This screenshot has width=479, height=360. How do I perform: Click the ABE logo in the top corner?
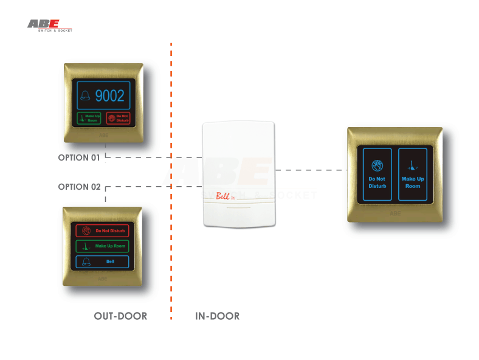click(x=49, y=25)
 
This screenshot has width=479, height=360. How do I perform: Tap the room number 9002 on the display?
click(x=110, y=95)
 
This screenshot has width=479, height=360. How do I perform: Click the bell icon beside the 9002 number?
click(x=85, y=96)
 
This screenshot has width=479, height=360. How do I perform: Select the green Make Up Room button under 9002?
click(x=88, y=118)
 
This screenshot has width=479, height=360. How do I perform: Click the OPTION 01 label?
click(x=79, y=158)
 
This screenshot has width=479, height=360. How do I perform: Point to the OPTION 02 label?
click(x=79, y=187)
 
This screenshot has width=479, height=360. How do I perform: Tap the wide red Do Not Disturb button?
click(x=102, y=231)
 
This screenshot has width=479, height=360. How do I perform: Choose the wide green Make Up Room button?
click(x=102, y=246)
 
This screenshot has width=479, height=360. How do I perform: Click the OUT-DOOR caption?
click(x=120, y=316)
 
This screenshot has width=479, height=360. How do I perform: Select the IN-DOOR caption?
click(x=217, y=316)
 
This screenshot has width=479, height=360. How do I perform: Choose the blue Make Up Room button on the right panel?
click(x=413, y=174)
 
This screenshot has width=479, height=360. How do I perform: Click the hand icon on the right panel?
click(x=377, y=164)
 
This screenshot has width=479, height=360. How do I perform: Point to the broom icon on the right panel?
click(x=413, y=164)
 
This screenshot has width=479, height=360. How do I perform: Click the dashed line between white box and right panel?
click(x=311, y=169)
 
